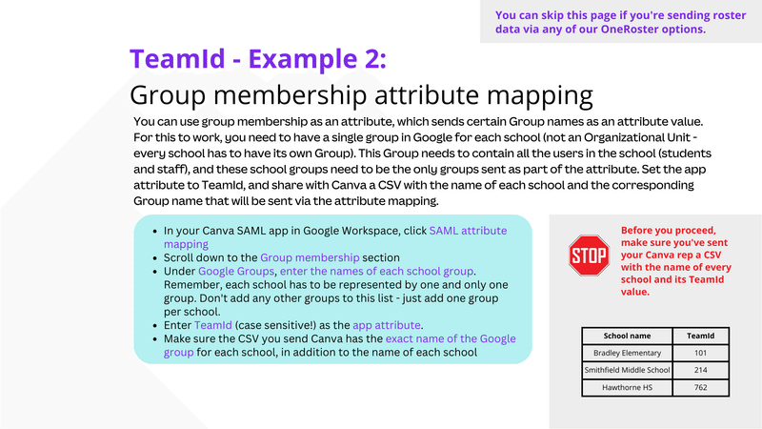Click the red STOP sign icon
click(589, 255)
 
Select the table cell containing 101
click(700, 353)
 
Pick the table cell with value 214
click(700, 370)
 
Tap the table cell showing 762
click(700, 387)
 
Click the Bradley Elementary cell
click(627, 353)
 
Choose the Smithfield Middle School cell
click(627, 370)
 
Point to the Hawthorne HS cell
click(627, 387)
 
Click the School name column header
click(627, 336)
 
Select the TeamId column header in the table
click(700, 336)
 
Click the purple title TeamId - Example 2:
click(258, 59)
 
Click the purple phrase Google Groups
click(236, 271)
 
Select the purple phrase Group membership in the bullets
click(310, 257)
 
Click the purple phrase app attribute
click(387, 325)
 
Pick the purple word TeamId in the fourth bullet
click(212, 325)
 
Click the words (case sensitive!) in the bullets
click(275, 325)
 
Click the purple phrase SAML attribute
click(468, 231)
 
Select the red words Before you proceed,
click(669, 231)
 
